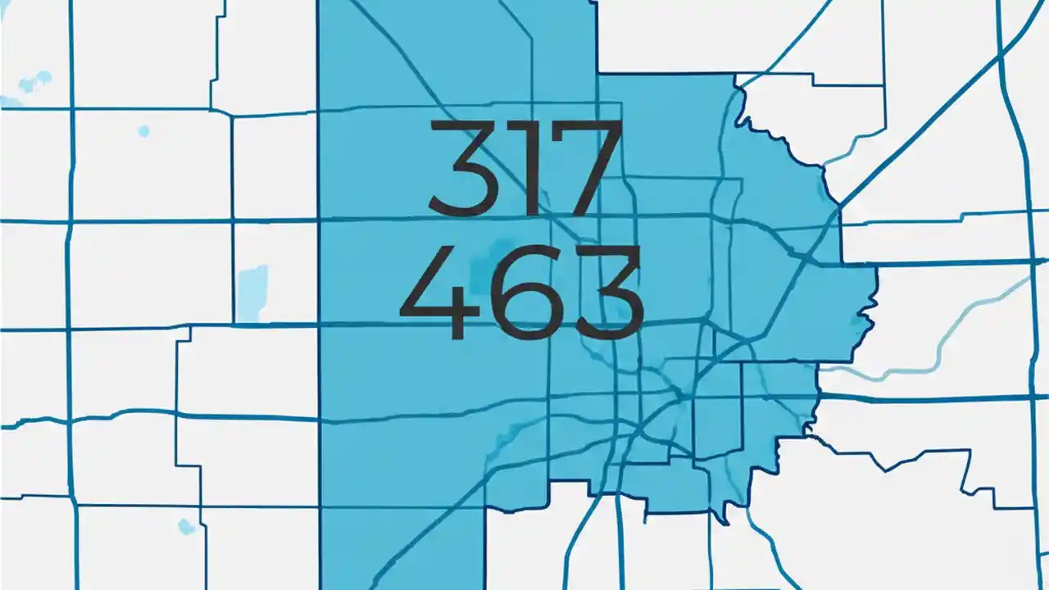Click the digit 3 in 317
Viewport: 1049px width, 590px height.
464,168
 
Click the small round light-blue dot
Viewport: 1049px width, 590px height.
144,131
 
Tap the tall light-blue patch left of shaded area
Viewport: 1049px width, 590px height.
252,292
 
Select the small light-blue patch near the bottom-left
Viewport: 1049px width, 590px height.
187,526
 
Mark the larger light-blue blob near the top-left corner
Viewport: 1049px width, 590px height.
34,80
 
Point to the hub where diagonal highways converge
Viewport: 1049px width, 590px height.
679,396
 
